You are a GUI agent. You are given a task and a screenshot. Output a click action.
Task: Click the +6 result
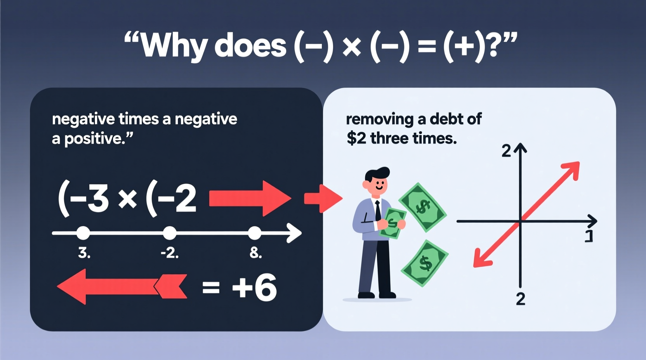tap(254, 287)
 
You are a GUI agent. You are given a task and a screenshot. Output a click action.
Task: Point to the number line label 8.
tap(255, 253)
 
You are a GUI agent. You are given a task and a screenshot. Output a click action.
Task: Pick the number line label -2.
tap(170, 253)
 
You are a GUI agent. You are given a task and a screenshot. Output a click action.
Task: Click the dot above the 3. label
tap(83, 233)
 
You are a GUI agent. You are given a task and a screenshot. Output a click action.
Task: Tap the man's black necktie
tap(378, 211)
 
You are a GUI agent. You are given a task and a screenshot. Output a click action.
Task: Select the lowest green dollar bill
tap(425, 263)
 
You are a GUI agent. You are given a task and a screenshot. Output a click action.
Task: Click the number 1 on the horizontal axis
tap(589, 236)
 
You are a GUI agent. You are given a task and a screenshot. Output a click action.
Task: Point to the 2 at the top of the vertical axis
tap(506, 151)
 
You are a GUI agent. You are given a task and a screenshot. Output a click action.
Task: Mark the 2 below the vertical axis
tap(521, 299)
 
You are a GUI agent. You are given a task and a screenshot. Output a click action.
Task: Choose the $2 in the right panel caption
tap(356, 138)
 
